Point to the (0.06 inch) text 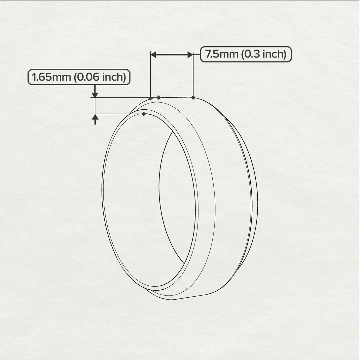pos(99,77)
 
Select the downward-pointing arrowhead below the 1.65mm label pos(95,95)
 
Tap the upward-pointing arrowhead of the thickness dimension pos(95,117)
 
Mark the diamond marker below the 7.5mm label pos(193,97)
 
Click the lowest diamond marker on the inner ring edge pos(144,114)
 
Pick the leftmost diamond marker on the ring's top pos(151,98)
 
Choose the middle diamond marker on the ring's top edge pos(159,97)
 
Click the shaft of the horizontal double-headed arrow pos(172,55)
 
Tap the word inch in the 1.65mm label pos(113,77)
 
